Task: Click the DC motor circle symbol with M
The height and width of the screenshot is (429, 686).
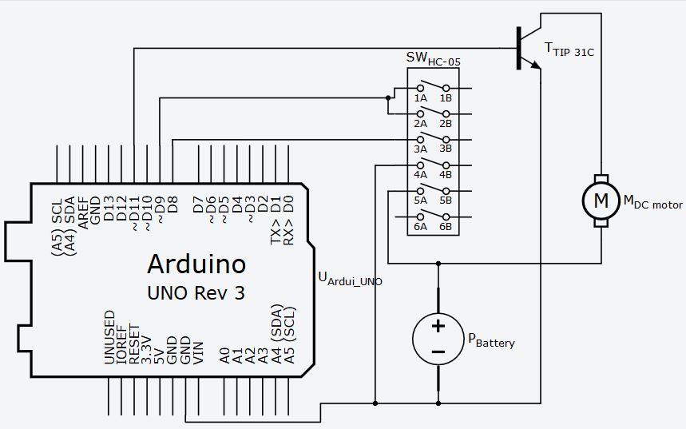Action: [600, 201]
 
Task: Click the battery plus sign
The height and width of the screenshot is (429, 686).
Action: [438, 325]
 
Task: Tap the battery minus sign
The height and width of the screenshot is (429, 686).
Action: [438, 352]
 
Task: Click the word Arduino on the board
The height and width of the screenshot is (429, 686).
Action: [196, 263]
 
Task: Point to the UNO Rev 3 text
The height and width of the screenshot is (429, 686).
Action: [196, 293]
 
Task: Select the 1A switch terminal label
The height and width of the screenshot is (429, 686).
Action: [420, 97]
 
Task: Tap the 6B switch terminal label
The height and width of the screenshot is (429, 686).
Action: [445, 227]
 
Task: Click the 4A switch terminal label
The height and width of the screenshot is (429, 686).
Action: [420, 175]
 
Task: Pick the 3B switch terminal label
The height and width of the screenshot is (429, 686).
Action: [445, 149]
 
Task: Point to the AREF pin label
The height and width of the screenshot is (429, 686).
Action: [83, 210]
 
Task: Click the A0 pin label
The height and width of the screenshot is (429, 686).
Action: [224, 354]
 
